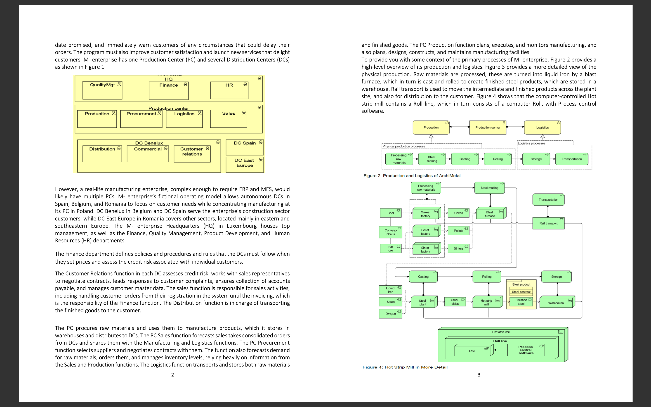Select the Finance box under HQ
(169, 91)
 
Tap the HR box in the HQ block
(229, 90)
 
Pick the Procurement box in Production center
(141, 119)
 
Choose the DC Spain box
(245, 147)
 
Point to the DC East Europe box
(245, 164)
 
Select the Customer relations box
(192, 154)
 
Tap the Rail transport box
(548, 223)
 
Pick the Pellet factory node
(426, 232)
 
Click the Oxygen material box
(390, 314)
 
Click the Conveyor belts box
(391, 232)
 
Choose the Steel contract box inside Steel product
(521, 292)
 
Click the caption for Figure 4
(405, 367)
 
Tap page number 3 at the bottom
(479, 375)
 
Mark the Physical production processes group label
(404, 146)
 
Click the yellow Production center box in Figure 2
(487, 128)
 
